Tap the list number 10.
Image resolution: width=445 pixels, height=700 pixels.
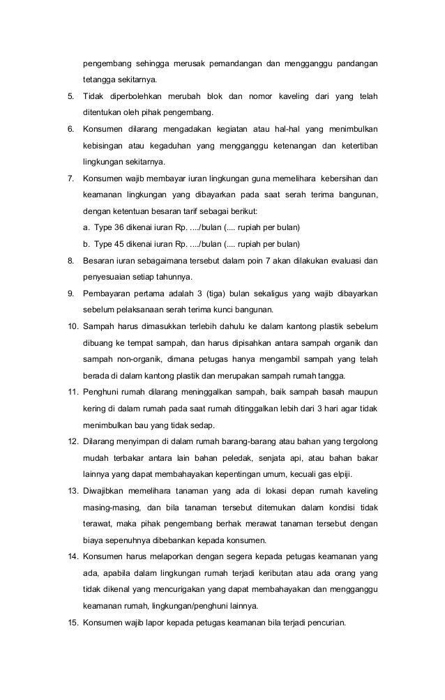click(x=72, y=326)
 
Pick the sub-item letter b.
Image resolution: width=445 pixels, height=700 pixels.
click(x=85, y=244)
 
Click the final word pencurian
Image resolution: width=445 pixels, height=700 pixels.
click(x=326, y=622)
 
